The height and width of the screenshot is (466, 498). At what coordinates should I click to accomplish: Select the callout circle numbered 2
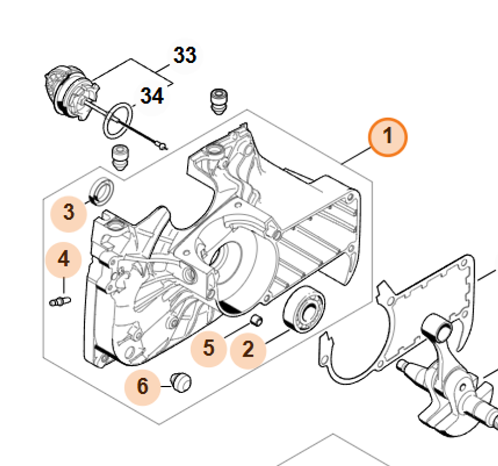click(x=248, y=350)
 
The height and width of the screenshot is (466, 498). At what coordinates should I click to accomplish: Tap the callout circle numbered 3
click(x=69, y=213)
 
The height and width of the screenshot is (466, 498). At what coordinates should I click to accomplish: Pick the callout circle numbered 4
click(x=64, y=259)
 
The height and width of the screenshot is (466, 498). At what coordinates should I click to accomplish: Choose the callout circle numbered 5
click(x=209, y=347)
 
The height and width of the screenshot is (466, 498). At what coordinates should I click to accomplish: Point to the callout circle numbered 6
click(x=142, y=386)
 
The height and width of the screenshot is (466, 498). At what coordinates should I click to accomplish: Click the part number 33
click(x=184, y=55)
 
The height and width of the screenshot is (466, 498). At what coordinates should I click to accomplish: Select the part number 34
click(x=152, y=96)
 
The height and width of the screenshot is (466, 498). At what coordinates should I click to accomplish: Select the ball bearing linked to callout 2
click(x=304, y=310)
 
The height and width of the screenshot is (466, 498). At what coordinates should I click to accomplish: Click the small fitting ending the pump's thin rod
click(x=161, y=146)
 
